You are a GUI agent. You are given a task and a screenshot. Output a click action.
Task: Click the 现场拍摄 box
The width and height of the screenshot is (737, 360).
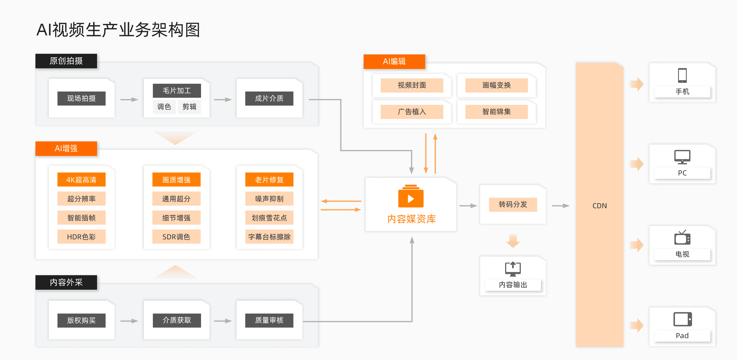click(82, 98)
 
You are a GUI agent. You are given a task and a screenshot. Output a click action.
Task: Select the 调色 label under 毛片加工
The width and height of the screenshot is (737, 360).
click(164, 107)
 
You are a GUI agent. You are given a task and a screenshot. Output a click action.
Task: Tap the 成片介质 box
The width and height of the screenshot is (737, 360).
click(269, 98)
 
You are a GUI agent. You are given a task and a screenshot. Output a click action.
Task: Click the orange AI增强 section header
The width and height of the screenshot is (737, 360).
click(66, 148)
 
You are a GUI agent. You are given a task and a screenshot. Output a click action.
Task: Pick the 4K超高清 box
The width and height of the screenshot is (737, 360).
click(82, 180)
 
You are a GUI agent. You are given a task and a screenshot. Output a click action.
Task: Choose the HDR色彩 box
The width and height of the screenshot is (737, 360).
click(82, 237)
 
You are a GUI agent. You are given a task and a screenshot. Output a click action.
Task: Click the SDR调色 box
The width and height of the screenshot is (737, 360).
click(176, 237)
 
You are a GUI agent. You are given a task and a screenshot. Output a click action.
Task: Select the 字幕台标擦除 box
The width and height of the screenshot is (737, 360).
click(269, 237)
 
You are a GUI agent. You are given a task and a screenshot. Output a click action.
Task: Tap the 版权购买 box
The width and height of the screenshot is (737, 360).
click(82, 320)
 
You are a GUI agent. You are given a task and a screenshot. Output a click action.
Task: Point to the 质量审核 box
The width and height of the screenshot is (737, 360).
click(269, 320)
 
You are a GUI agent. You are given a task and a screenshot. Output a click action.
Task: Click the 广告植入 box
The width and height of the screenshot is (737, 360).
click(412, 112)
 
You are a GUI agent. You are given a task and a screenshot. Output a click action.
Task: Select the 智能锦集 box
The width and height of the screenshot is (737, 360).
click(496, 112)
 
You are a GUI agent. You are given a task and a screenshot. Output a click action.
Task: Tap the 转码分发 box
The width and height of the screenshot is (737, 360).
click(513, 204)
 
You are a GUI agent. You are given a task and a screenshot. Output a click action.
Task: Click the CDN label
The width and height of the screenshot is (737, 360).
click(599, 206)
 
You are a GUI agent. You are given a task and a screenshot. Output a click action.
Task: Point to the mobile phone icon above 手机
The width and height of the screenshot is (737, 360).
click(682, 75)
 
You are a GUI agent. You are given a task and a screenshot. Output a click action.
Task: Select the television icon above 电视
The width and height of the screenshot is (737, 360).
click(682, 238)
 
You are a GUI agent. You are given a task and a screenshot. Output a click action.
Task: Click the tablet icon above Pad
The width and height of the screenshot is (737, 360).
click(682, 319)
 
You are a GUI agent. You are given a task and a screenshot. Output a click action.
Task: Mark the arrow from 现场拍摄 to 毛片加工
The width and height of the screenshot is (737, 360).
click(129, 100)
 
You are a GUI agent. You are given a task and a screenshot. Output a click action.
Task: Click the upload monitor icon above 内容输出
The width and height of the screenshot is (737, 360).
click(513, 269)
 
